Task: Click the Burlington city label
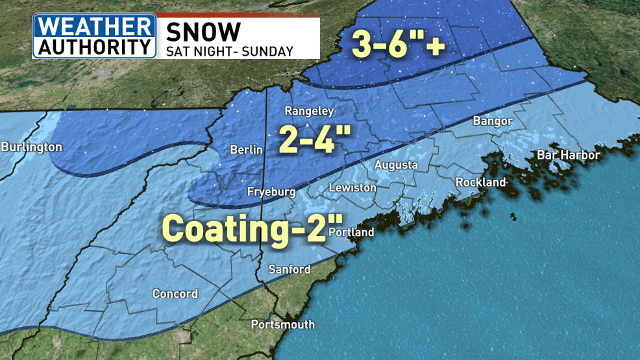31,147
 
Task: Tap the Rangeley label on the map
309,111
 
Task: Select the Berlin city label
247,150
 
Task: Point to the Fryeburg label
271,191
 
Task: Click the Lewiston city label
352,187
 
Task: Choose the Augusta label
396,165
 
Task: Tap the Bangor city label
493,121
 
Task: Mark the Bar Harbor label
568,155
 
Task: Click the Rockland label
480,182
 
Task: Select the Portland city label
351,232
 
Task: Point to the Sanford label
289,269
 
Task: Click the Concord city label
175,294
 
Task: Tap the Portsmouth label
282,324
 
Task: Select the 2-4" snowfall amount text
315,138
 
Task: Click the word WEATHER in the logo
95,27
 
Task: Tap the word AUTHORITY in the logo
95,47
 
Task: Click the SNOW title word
204,31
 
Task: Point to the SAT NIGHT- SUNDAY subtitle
230,51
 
